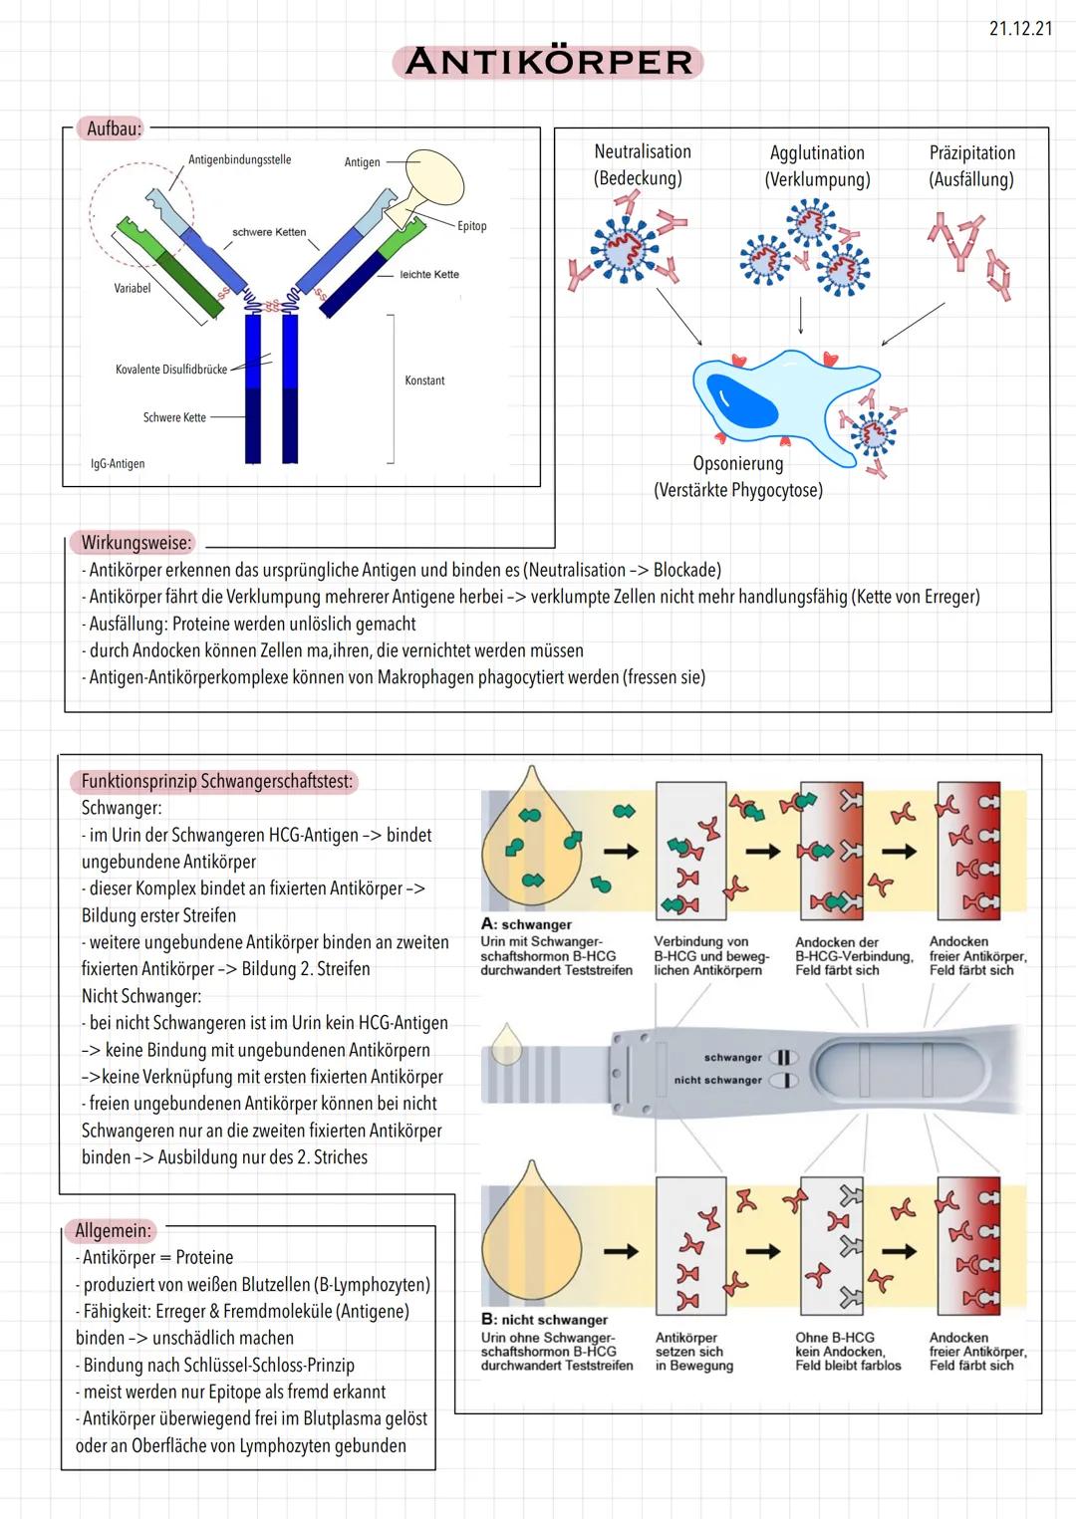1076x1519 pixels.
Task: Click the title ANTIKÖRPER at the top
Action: tap(548, 62)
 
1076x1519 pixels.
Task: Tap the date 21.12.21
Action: tap(1020, 28)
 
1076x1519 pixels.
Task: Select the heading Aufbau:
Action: tap(115, 128)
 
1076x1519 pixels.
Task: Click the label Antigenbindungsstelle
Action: tap(239, 159)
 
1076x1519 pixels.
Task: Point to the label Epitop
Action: tap(472, 226)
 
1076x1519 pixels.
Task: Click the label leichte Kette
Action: tap(429, 274)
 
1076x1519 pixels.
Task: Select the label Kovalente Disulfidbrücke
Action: tap(171, 370)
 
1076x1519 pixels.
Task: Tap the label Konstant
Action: tap(424, 380)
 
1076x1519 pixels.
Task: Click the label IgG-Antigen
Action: tap(118, 463)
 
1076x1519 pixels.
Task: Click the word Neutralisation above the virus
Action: tap(643, 152)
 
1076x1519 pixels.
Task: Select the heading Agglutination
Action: tap(817, 153)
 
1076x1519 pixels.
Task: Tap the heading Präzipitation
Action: tap(972, 153)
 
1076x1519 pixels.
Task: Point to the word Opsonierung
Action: tap(738, 463)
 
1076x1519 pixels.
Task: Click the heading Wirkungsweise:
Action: tap(135, 543)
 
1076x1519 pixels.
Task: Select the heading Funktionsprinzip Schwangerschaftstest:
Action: tap(217, 781)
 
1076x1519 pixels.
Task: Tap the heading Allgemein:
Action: tap(114, 1230)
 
